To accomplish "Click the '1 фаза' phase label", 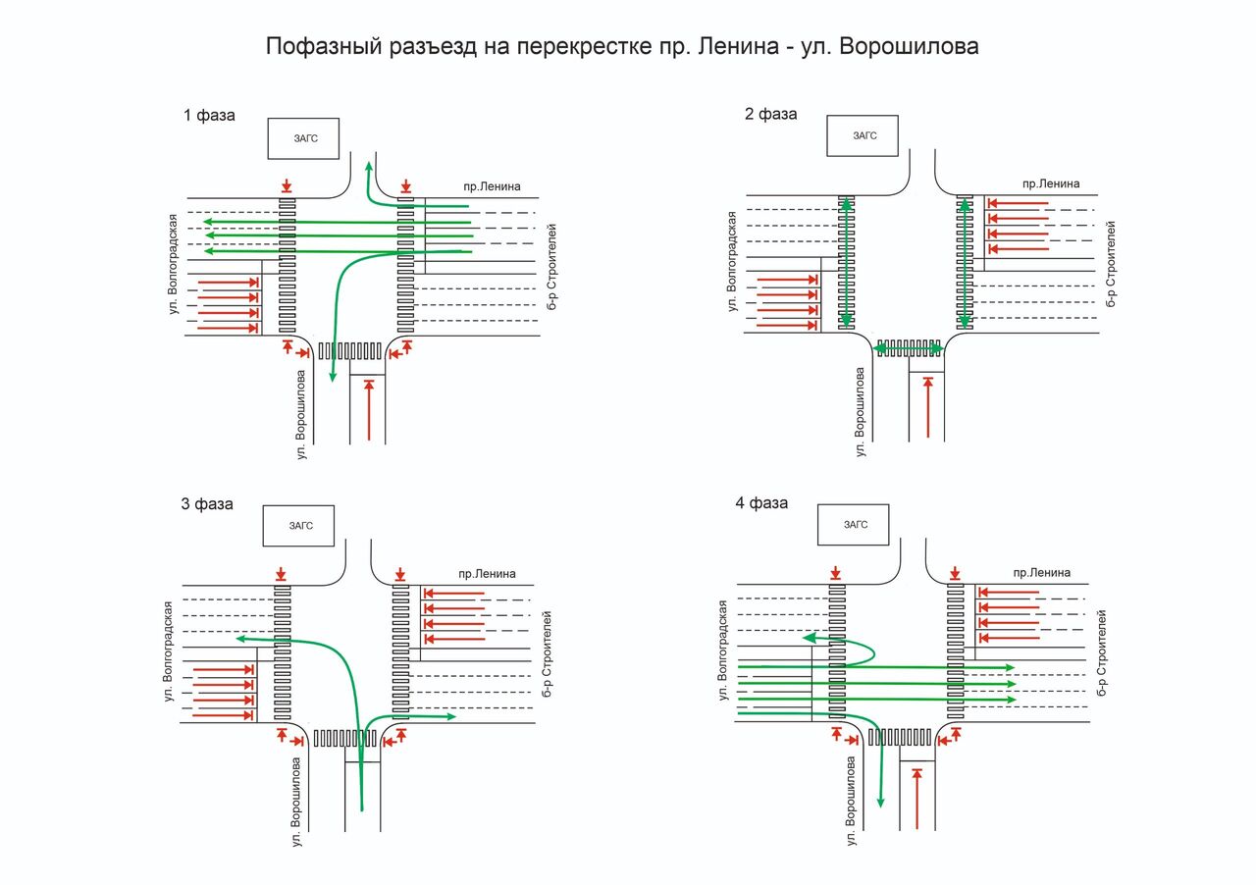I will click(209, 115).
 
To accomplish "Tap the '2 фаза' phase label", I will click(770, 114).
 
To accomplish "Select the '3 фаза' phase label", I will click(207, 504).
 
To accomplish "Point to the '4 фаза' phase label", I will click(761, 503).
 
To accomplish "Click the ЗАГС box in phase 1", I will click(305, 138).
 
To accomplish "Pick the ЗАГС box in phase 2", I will click(863, 135).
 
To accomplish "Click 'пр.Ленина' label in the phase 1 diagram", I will click(492, 186).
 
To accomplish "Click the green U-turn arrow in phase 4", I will click(854, 647).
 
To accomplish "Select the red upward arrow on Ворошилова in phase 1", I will click(369, 410).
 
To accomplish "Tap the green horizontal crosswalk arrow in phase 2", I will click(910, 348).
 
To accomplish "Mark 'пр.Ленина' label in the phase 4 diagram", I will click(1042, 573).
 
